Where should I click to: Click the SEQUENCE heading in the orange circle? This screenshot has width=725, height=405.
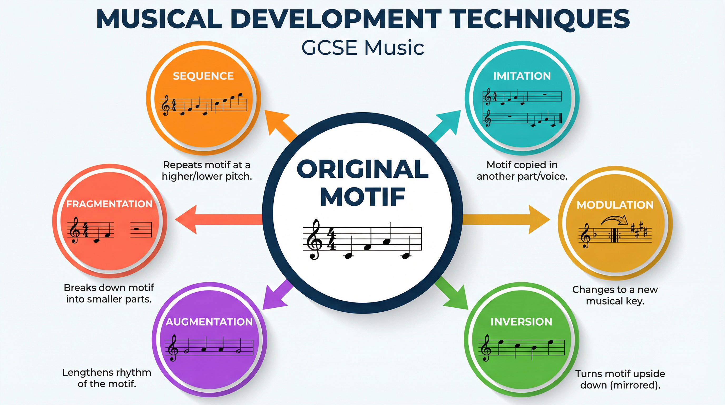click(x=203, y=76)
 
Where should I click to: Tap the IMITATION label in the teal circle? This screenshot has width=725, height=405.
click(x=522, y=76)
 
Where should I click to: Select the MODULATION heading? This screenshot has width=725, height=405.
click(x=615, y=205)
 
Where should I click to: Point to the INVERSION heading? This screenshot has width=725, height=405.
click(x=521, y=322)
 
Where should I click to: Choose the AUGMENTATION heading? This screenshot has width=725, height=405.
click(x=209, y=322)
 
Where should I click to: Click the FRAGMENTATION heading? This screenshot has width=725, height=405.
click(x=109, y=204)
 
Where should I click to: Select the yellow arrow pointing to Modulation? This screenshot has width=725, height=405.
click(x=507, y=219)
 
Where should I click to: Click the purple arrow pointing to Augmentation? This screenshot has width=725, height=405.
click(x=276, y=296)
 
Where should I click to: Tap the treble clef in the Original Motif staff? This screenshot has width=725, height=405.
click(x=313, y=239)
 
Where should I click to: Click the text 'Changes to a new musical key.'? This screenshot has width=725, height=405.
click(x=615, y=295)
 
